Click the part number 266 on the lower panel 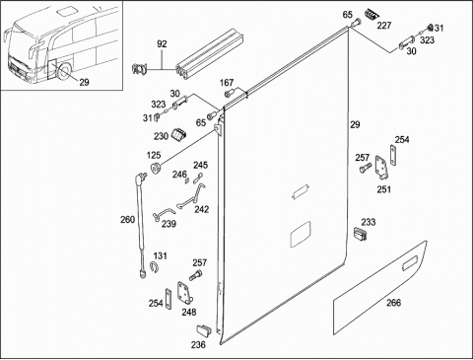[393, 302]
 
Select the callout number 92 [162, 44]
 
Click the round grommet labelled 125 [155, 168]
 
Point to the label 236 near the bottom [198, 344]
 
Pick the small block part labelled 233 [360, 235]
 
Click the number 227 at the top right [384, 26]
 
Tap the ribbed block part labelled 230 [178, 134]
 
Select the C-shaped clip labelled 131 [154, 266]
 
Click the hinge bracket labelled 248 [185, 293]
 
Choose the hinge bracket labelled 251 [382, 168]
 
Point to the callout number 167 [227, 83]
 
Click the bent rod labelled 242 [191, 196]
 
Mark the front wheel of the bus [63, 73]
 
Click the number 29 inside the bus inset [84, 82]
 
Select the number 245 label [200, 165]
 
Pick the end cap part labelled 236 [204, 330]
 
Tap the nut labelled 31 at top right [430, 28]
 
